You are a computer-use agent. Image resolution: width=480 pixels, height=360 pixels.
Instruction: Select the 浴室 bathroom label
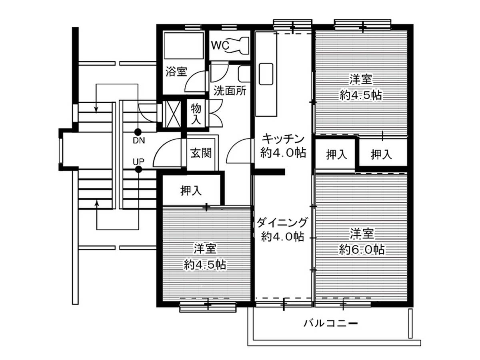176,72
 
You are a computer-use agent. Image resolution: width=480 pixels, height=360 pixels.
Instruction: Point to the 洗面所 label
230,90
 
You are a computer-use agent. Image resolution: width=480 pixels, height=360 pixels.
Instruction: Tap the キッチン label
283,139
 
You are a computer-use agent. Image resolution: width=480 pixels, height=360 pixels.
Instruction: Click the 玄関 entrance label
200,153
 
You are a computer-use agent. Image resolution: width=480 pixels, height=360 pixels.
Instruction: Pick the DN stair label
139,140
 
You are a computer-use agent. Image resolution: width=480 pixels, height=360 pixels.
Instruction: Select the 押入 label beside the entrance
191,191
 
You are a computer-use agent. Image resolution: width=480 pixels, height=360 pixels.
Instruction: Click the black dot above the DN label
138,132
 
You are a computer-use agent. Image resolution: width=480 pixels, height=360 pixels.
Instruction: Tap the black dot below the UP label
138,170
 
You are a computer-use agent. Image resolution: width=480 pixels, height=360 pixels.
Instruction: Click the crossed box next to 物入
172,114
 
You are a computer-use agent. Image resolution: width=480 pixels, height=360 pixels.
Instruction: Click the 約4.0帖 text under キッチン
283,152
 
